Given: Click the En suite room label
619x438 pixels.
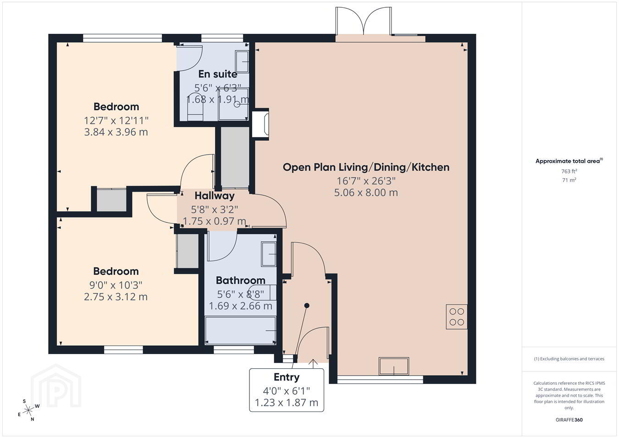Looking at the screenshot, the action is [x=218, y=74].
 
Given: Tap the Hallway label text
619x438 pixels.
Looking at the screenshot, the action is [x=215, y=196].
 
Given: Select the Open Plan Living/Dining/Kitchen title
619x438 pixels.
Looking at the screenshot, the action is [x=366, y=167].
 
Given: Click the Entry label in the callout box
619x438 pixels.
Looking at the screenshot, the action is [x=287, y=377].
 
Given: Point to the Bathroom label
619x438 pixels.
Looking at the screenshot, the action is [x=240, y=280].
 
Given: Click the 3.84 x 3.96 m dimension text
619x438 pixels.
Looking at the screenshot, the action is [x=116, y=132].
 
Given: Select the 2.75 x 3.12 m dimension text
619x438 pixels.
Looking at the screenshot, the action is [x=116, y=297].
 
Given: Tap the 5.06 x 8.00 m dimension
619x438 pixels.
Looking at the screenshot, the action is [x=366, y=192].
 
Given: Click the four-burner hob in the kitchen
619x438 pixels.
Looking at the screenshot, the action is [x=457, y=316].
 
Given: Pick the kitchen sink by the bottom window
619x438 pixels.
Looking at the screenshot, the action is [x=394, y=366].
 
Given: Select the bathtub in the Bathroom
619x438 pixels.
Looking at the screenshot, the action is [x=240, y=331].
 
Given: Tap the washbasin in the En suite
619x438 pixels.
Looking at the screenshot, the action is [x=242, y=61].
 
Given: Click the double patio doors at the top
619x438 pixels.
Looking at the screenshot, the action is [x=364, y=21].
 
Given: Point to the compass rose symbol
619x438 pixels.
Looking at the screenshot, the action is [x=28, y=410].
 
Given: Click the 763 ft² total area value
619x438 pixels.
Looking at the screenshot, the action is [x=569, y=172].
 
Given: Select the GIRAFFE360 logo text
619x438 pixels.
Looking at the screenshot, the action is [x=569, y=420].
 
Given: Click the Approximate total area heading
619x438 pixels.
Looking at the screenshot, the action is [x=569, y=161].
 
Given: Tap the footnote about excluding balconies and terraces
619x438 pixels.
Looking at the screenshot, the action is [x=569, y=359].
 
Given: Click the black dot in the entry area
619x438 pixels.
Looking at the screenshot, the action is [x=307, y=305].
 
